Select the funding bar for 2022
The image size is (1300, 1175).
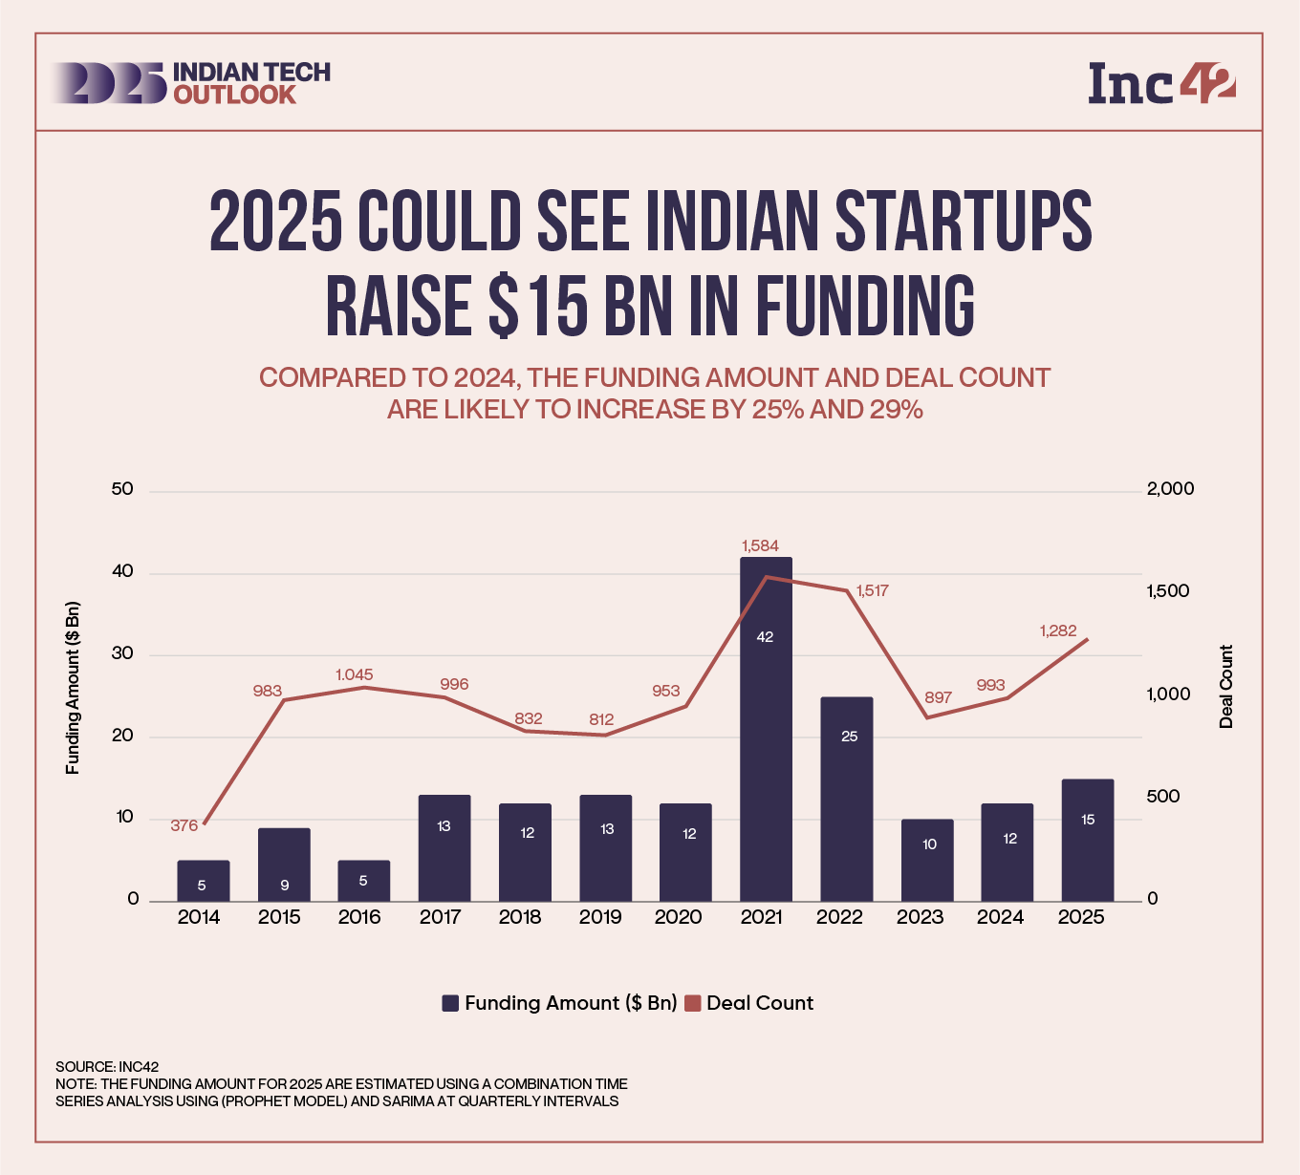(846, 799)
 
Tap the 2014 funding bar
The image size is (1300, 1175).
(203, 880)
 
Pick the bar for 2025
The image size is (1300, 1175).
(1087, 840)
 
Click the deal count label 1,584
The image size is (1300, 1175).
(760, 545)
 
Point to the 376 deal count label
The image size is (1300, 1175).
(184, 825)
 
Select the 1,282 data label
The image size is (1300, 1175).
(1057, 630)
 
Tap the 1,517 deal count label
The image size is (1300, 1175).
(872, 590)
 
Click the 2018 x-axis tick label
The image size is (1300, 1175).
(520, 917)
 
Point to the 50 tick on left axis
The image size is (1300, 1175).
(122, 489)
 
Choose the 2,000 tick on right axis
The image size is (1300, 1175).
(1170, 489)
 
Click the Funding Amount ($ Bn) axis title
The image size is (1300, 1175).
(73, 688)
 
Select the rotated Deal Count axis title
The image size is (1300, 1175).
(1226, 687)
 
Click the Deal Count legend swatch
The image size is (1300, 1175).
(693, 1003)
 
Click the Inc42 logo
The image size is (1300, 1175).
(1161, 83)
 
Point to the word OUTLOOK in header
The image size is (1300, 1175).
(235, 95)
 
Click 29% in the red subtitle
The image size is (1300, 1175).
(896, 410)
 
